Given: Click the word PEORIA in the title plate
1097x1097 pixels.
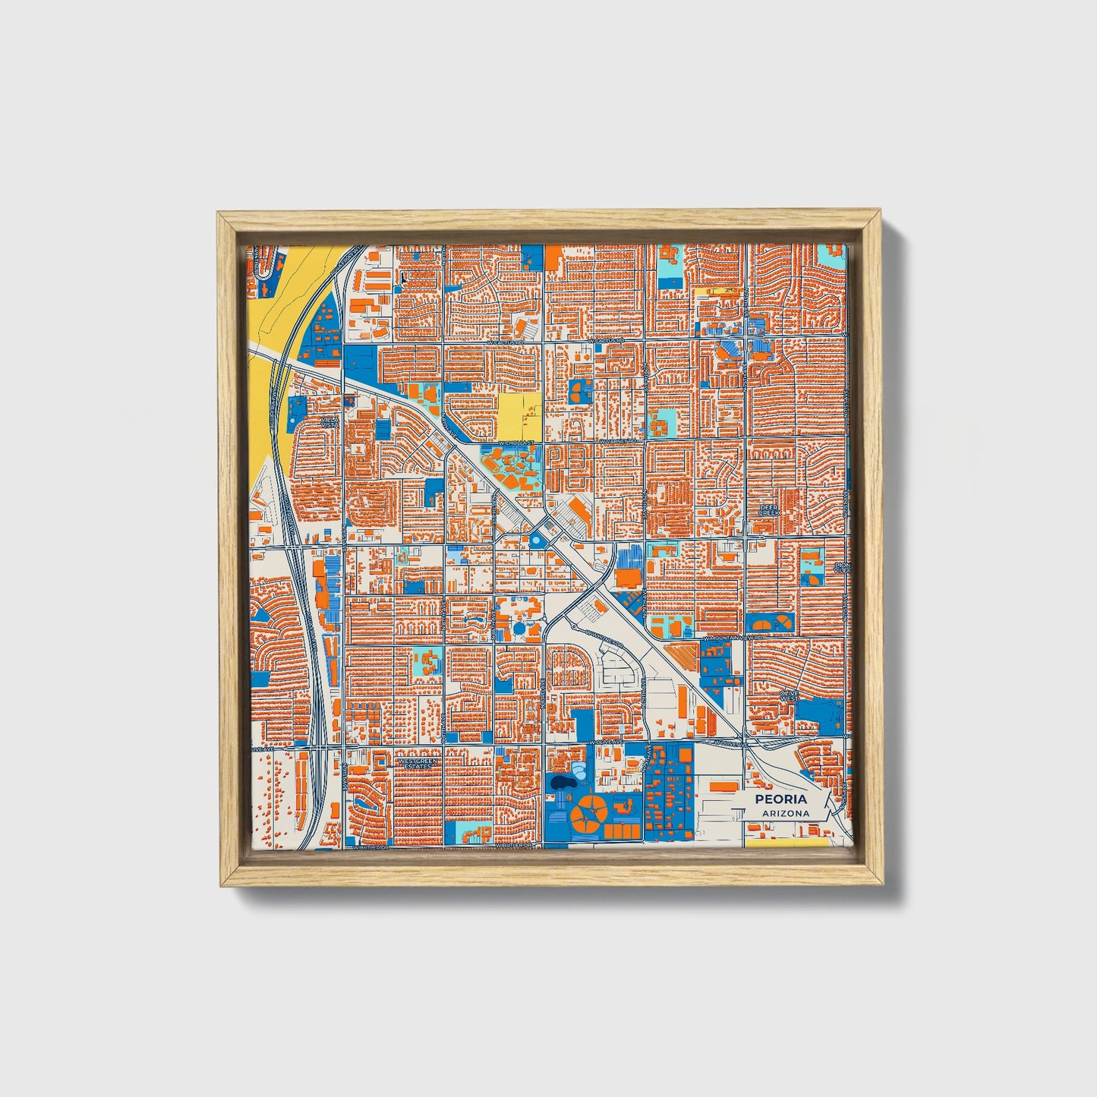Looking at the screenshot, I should [x=780, y=799].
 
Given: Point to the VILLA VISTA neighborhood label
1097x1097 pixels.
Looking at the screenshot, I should [x=329, y=421].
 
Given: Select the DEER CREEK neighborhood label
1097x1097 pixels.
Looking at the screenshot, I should [x=770, y=509].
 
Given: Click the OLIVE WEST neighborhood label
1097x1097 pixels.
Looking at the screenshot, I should [x=790, y=696].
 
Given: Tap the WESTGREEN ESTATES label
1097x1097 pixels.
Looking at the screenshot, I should [x=418, y=762].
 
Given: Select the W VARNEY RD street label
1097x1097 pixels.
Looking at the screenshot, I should [x=619, y=441].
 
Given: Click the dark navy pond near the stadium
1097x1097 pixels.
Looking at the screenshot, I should [x=563, y=781].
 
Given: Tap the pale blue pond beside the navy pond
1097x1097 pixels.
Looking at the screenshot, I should [x=578, y=773].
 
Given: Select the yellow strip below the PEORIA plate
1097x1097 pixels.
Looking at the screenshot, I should [x=786, y=842].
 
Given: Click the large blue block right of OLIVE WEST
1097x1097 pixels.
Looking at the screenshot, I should [x=820, y=712].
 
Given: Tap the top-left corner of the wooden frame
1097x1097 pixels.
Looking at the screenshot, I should [x=219, y=215].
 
